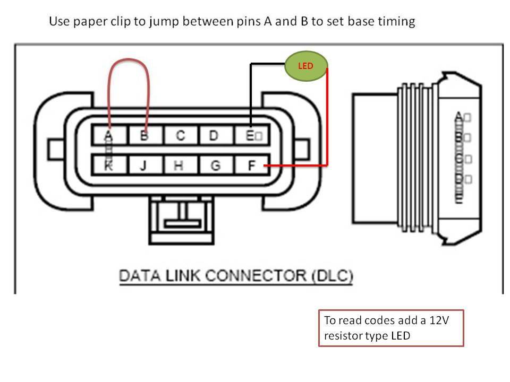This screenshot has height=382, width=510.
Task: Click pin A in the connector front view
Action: pyautogui.click(x=108, y=135)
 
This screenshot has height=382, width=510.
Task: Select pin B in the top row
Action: pyautogui.click(x=144, y=135)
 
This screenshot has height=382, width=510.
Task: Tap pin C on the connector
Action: pyautogui.click(x=180, y=135)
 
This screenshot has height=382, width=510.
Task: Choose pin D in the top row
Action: pyautogui.click(x=214, y=135)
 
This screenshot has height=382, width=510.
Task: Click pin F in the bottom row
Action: pyautogui.click(x=252, y=166)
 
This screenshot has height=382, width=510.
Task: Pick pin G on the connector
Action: pyautogui.click(x=215, y=166)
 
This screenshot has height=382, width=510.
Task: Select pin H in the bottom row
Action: pyautogui.click(x=179, y=166)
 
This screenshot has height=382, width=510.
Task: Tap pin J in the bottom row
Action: pyautogui.click(x=143, y=166)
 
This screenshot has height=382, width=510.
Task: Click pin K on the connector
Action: pyautogui.click(x=108, y=166)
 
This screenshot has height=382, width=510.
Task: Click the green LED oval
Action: pyautogui.click(x=306, y=66)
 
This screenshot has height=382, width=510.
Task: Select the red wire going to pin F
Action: pyautogui.click(x=327, y=122)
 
